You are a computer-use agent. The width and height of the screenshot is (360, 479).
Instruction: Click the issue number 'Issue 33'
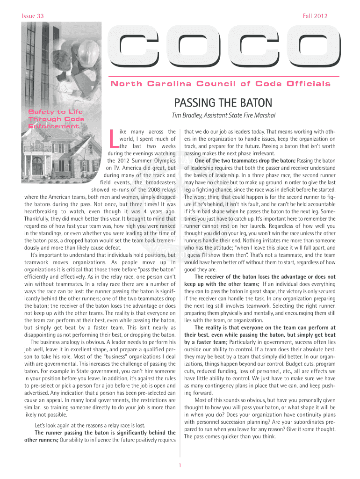(33, 16)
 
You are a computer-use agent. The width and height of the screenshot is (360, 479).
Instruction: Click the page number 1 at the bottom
(180, 464)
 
